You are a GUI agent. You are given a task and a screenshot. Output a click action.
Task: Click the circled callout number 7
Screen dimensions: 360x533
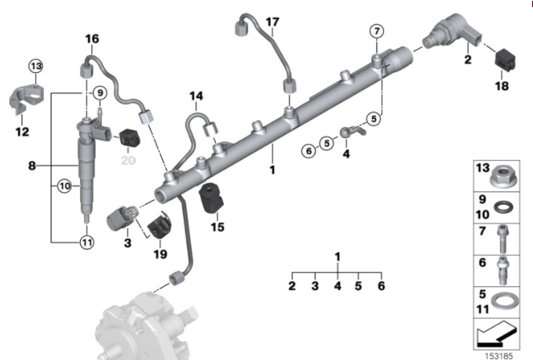coord(377,31)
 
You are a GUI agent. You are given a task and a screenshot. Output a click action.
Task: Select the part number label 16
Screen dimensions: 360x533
coord(92,38)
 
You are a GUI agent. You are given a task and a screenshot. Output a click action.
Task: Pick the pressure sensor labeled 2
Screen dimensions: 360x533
coord(448,35)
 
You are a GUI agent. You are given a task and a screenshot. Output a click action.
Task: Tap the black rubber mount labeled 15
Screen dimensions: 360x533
coord(212,198)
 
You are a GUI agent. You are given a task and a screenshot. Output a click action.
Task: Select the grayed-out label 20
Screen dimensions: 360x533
coord(127,159)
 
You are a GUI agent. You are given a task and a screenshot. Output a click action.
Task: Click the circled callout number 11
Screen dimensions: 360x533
coord(86,242)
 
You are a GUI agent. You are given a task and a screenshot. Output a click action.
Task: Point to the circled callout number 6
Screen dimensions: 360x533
coord(308,150)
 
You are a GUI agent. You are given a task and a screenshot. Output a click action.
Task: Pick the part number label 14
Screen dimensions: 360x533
coord(195,96)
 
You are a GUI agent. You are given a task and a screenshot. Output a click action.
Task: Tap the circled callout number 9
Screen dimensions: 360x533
coord(100,94)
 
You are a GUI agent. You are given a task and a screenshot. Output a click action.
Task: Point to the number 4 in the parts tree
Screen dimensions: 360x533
coord(338,286)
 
